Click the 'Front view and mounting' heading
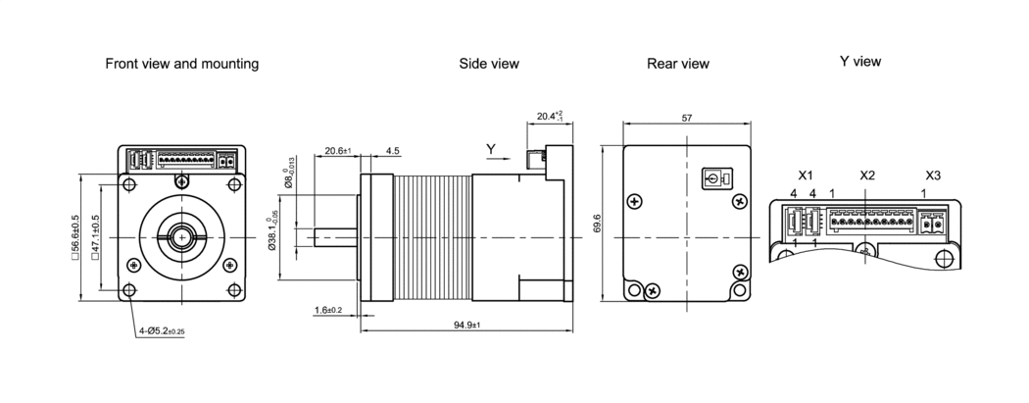[x=182, y=64]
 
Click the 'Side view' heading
[x=489, y=64]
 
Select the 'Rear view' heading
[x=677, y=64]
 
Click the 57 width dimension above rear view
[x=687, y=118]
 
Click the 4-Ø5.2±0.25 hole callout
[x=162, y=331]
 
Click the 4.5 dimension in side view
[x=392, y=152]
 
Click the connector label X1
[x=806, y=175]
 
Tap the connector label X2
[x=866, y=175]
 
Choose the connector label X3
[x=932, y=175]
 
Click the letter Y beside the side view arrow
[x=491, y=149]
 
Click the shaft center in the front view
[x=181, y=235]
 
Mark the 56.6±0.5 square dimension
[x=76, y=237]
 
